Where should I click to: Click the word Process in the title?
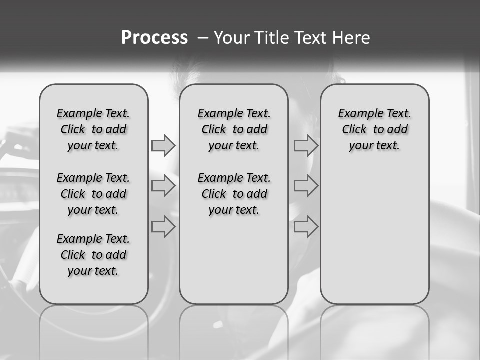coord(154,38)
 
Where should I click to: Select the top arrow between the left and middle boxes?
coord(163,145)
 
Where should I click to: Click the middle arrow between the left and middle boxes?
coord(163,186)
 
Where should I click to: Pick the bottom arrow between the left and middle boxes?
coord(163,227)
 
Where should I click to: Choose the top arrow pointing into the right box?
coord(306,145)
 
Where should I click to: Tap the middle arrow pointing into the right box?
coord(306,186)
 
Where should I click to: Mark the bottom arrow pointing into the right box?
coord(306,227)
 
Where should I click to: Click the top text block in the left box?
coord(93,129)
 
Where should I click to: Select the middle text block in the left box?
coord(93,194)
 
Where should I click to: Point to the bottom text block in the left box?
coord(93,255)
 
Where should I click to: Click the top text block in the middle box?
coord(234,129)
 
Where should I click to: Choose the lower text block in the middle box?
coord(234,194)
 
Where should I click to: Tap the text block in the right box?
coord(375,129)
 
